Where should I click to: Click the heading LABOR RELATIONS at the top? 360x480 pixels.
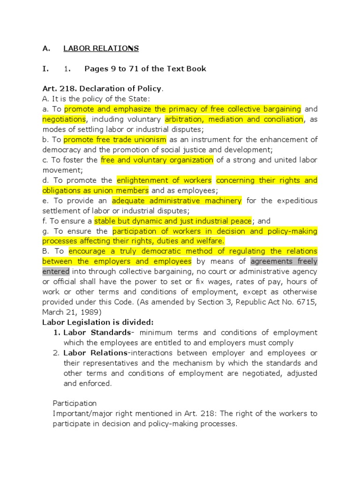click(101, 48)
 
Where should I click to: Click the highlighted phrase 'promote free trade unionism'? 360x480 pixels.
click(115, 139)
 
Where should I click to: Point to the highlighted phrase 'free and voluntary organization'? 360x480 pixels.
click(157, 160)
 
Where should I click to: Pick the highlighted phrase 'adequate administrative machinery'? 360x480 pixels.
click(177, 201)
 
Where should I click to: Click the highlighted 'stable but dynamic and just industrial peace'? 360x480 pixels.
click(173, 221)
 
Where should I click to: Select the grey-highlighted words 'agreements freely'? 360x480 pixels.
click(284, 261)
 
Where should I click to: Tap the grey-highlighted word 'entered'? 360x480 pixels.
click(56, 271)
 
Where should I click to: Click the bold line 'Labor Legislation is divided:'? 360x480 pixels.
click(98, 322)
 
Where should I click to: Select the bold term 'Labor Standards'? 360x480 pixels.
click(97, 332)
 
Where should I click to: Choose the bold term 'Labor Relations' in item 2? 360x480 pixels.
click(95, 352)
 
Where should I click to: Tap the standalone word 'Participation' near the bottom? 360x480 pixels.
click(75, 403)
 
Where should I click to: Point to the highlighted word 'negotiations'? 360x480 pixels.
click(64, 119)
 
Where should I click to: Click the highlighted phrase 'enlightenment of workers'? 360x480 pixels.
click(164, 180)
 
